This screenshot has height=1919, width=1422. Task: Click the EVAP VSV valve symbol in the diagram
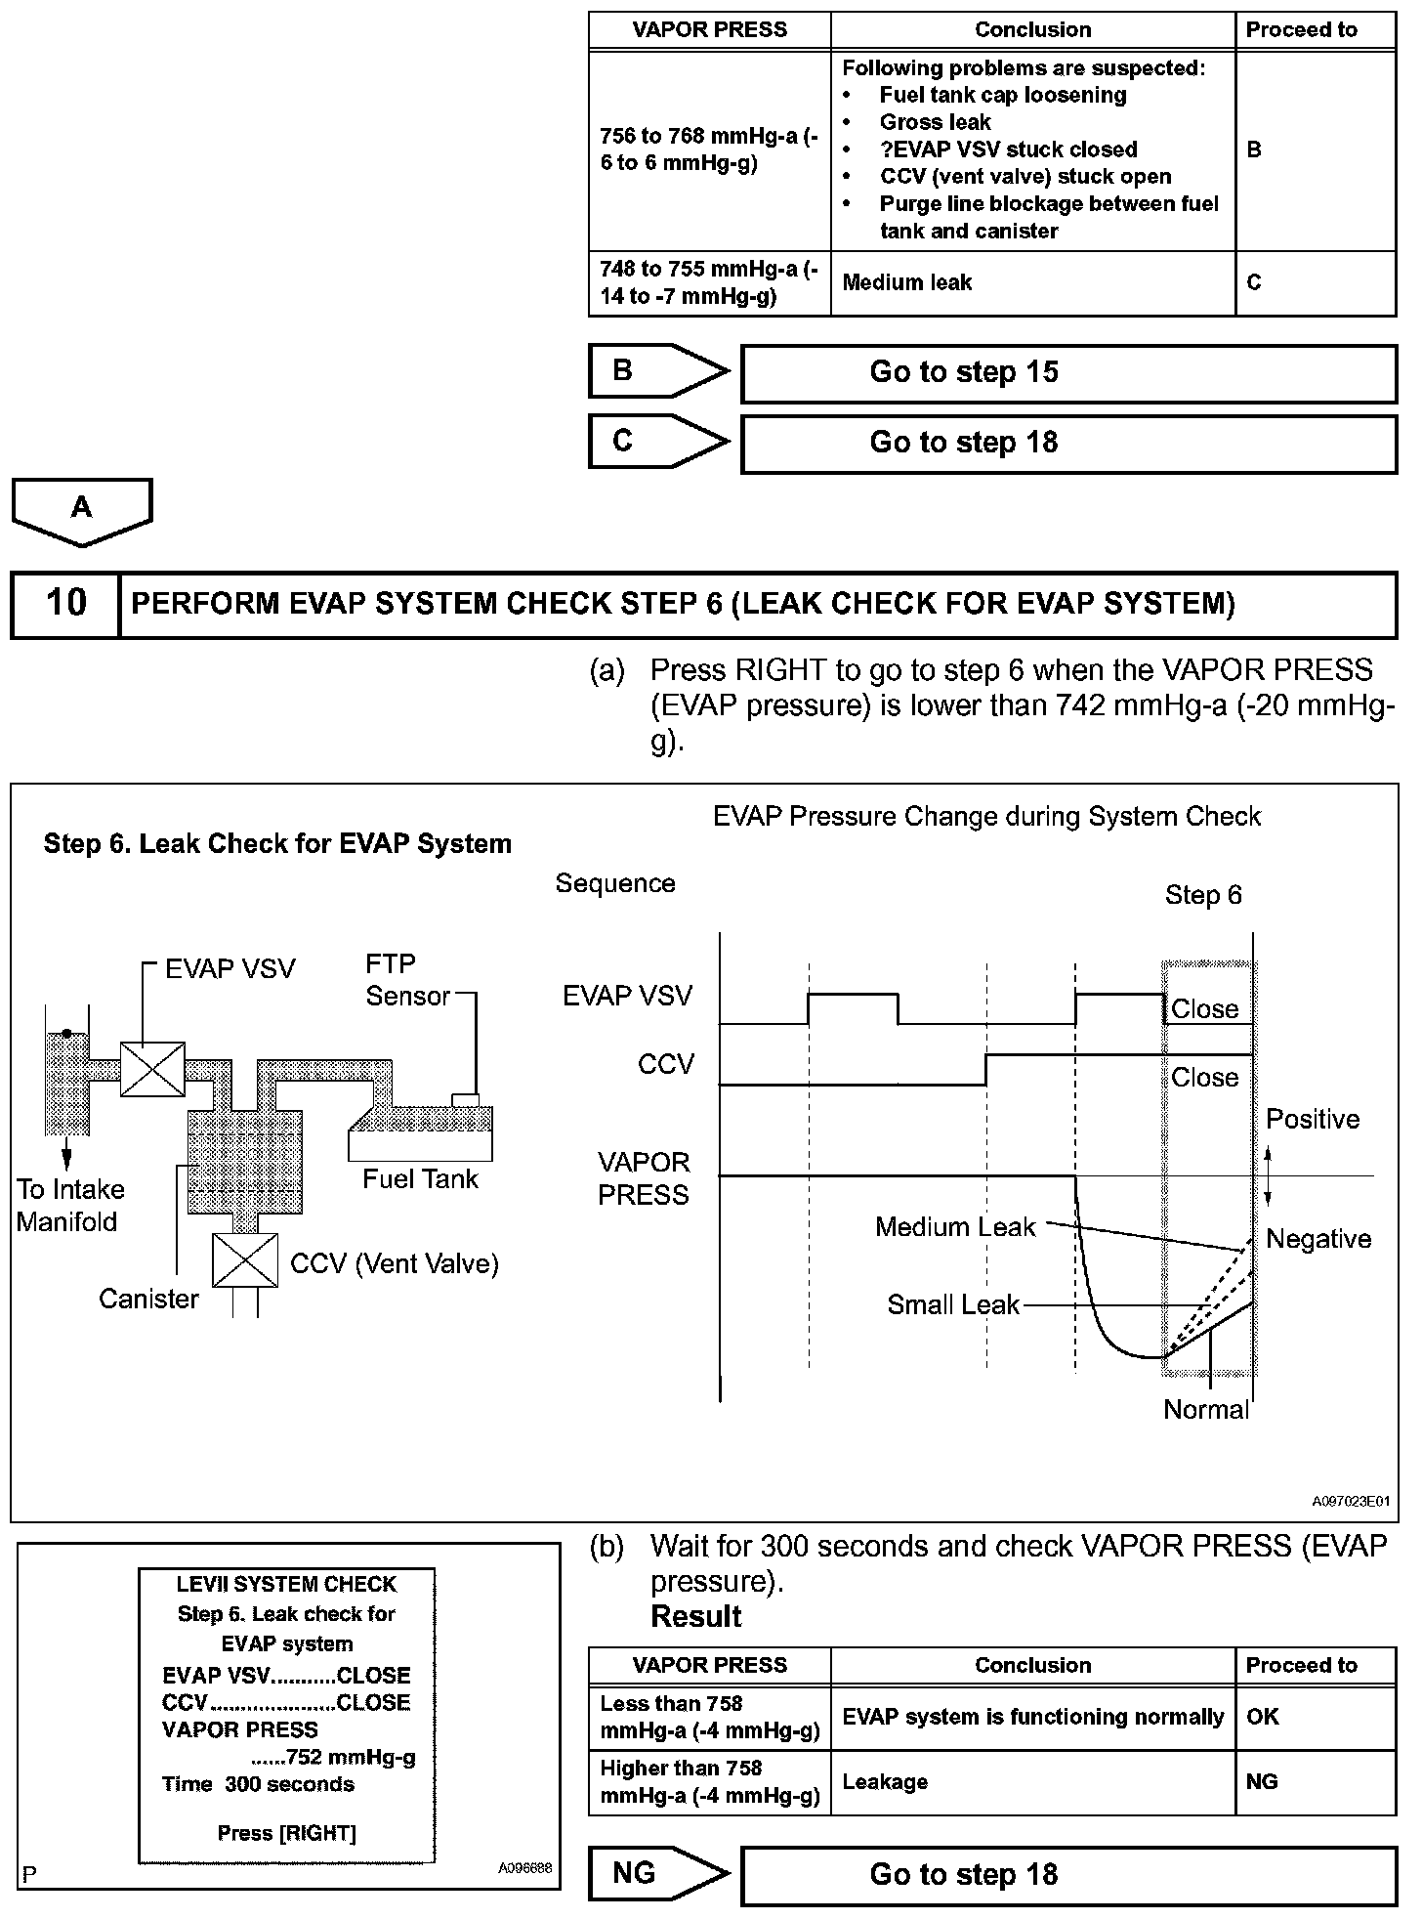(x=152, y=1069)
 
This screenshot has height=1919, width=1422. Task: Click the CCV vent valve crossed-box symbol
(x=244, y=1260)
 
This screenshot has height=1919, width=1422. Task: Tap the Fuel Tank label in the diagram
(x=420, y=1179)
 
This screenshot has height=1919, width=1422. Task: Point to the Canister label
(x=148, y=1300)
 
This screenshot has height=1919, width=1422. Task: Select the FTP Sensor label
(x=407, y=980)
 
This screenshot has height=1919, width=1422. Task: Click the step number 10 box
(x=65, y=603)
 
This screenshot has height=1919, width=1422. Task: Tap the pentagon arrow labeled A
(x=82, y=509)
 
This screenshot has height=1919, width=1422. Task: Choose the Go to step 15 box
(x=1068, y=372)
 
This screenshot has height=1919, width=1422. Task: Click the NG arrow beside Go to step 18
(x=656, y=1874)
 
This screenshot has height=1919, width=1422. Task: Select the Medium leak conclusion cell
(x=1032, y=283)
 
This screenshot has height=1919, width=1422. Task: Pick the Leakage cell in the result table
(x=1032, y=1782)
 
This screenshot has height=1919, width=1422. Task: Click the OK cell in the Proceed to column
(x=1315, y=1717)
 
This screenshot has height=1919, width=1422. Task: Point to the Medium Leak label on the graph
(x=954, y=1227)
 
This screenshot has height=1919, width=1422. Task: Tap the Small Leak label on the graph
(x=953, y=1305)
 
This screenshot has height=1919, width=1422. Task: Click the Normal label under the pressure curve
(x=1206, y=1410)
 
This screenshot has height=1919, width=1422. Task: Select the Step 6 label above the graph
(x=1203, y=896)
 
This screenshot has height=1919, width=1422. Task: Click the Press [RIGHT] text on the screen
(x=286, y=1833)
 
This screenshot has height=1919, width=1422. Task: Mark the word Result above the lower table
(x=696, y=1617)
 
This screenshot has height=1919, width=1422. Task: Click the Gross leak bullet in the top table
(x=935, y=123)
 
